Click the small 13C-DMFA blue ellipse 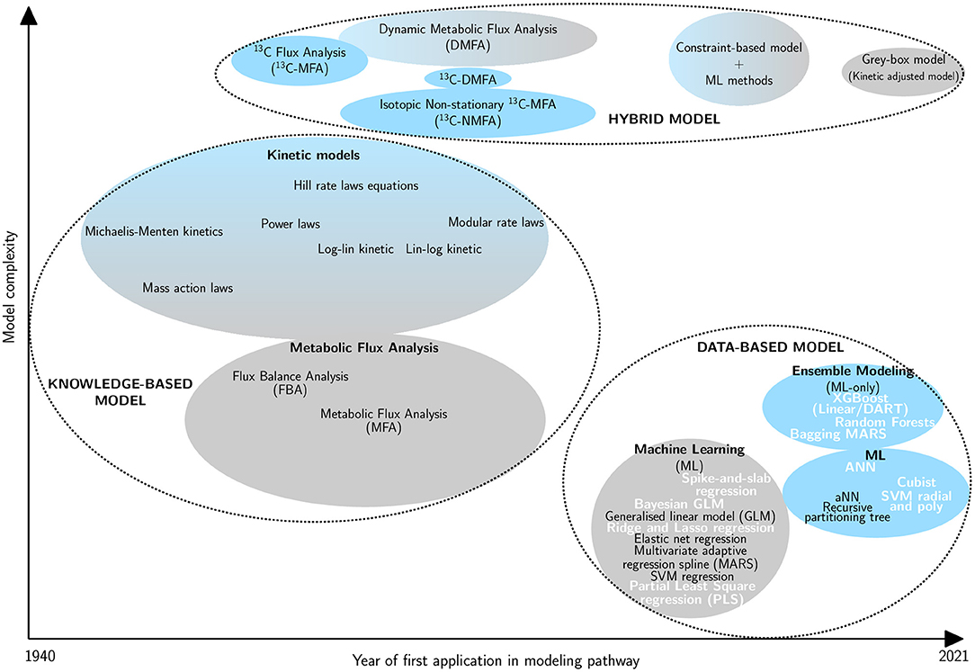tap(467, 78)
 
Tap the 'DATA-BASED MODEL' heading tap(770, 346)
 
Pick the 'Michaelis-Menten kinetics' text tap(154, 231)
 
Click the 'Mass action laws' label tap(187, 288)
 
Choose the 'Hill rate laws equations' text tap(356, 186)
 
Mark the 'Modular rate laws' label tap(496, 222)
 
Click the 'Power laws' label tap(291, 223)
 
